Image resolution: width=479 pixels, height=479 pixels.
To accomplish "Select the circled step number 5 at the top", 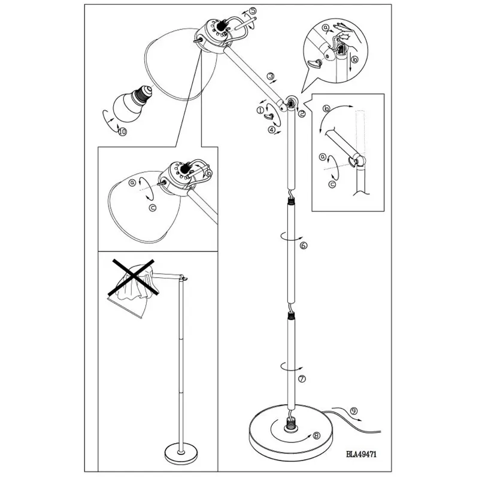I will coord(253,11).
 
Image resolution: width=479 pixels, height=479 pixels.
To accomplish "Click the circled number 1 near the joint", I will coord(259,110).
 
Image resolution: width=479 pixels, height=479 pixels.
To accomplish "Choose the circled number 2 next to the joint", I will coord(302,113).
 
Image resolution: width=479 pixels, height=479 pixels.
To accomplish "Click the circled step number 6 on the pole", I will coord(304,245).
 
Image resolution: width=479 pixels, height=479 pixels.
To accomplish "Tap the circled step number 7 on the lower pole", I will coord(302,378).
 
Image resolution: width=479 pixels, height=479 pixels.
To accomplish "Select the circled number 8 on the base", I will coord(316,438).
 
